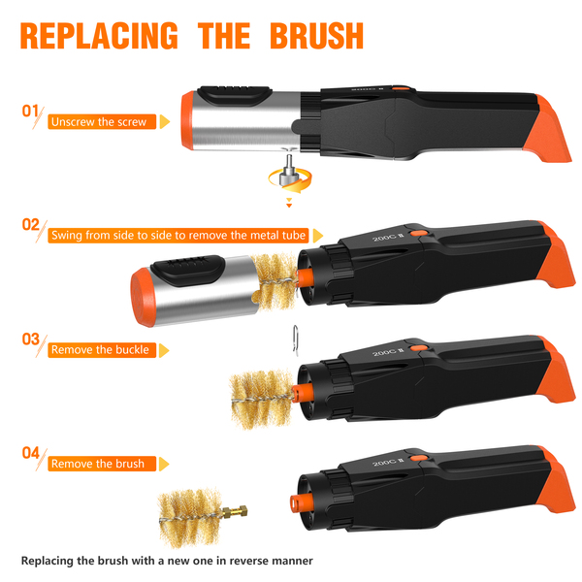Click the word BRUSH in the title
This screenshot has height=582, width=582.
coord(316,36)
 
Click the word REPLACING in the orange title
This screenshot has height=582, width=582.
coord(99,36)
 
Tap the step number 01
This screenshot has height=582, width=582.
coord(30,111)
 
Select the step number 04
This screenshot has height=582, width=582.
coord(30,453)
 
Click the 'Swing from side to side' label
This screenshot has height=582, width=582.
coord(178,236)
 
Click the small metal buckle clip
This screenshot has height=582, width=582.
coord(296,340)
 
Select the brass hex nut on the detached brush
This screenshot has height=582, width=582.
coord(242,510)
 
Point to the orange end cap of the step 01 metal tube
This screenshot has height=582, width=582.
coord(187,120)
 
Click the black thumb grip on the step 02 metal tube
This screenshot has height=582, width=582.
coord(188,270)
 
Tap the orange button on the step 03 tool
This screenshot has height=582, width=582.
coord(420,348)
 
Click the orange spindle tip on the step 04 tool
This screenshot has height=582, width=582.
coord(298,503)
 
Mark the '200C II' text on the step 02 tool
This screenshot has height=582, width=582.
coord(388,237)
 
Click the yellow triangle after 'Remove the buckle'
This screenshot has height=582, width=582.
coord(164,350)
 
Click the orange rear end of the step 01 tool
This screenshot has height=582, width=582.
coord(549,132)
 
